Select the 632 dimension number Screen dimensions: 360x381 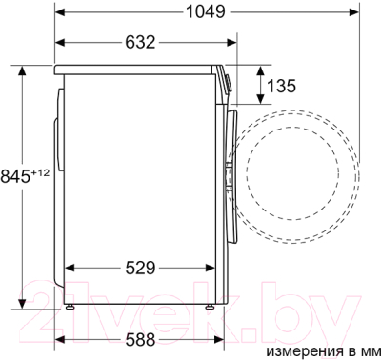[140, 43]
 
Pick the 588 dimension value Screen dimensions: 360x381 [140, 340]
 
